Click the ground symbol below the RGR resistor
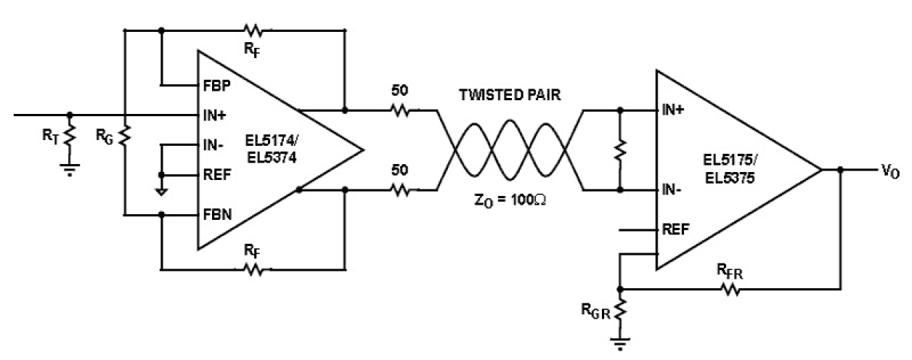[x=621, y=343]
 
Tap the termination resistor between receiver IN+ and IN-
[x=620, y=150]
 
